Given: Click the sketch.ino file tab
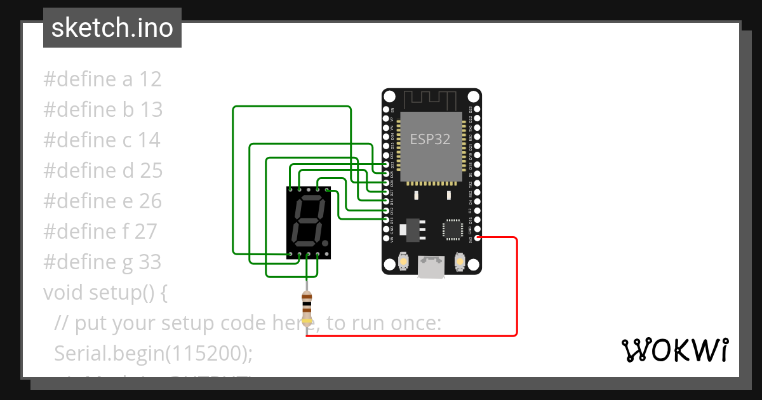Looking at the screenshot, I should point(112,28).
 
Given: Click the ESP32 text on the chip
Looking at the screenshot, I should point(430,139).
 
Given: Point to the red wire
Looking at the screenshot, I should point(517,286).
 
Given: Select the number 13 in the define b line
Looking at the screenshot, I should point(151,110).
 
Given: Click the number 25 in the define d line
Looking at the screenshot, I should point(150,171).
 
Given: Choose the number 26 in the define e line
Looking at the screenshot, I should point(150,201).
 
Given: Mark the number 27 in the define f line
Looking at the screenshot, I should point(145,232).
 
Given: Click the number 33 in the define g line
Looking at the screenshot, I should point(150,262).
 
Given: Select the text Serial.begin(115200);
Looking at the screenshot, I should point(154,353).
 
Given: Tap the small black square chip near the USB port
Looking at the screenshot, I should point(453,229).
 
